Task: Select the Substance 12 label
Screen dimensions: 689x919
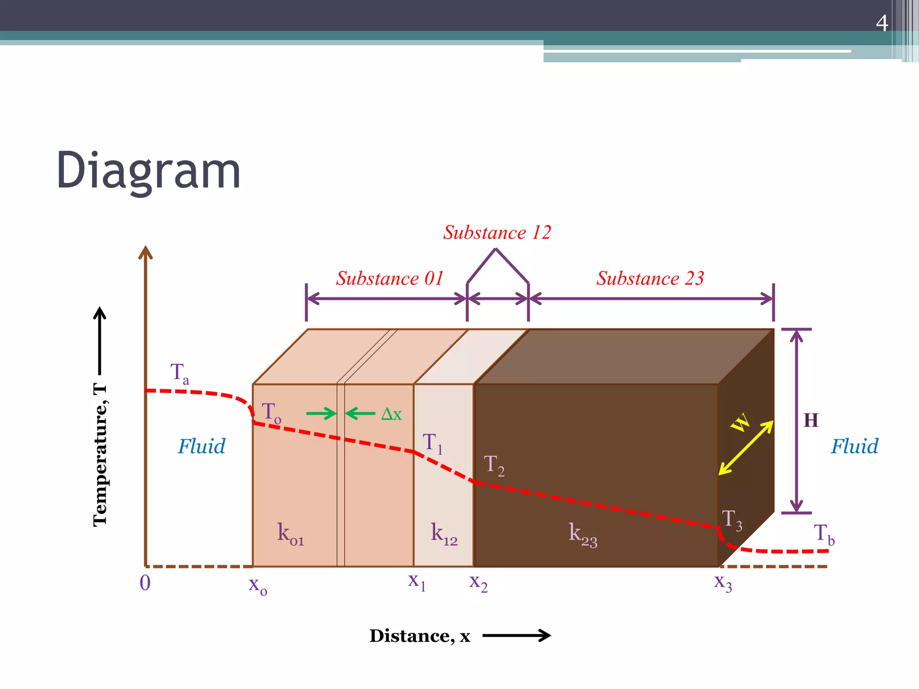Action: [497, 232]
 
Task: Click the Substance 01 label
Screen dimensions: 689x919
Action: [390, 279]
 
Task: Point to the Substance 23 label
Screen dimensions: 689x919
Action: [650, 279]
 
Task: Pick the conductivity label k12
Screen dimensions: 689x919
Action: [444, 534]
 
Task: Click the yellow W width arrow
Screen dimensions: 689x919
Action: [746, 447]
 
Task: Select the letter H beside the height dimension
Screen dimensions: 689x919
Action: [811, 421]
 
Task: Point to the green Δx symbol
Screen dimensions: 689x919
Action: [391, 414]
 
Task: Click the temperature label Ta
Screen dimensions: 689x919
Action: [179, 374]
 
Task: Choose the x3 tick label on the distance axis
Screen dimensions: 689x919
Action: [723, 583]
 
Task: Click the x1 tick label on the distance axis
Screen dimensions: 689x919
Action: [416, 581]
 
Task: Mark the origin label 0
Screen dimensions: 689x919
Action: [145, 583]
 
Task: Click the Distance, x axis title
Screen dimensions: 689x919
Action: [420, 636]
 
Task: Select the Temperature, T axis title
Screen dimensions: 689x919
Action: [100, 455]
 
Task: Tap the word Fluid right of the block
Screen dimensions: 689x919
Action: [854, 446]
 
